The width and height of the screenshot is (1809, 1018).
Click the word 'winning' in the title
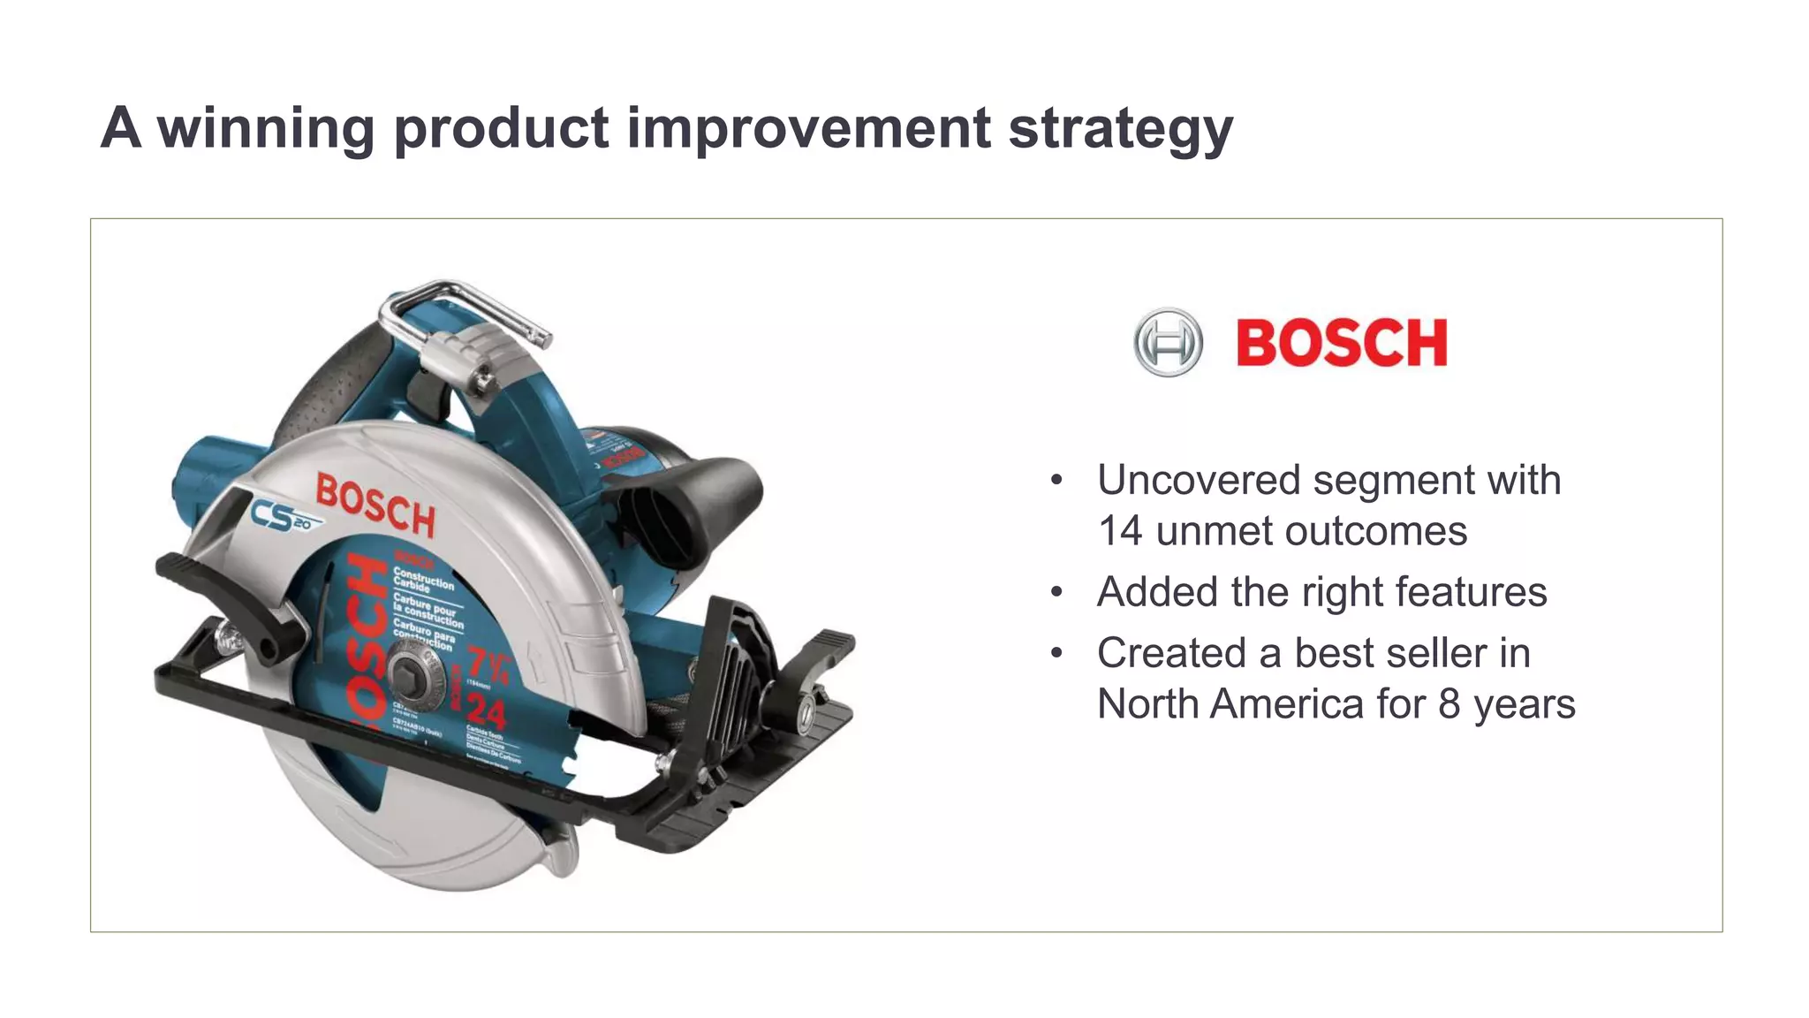coord(266,128)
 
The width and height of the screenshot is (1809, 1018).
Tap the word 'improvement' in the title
coord(808,128)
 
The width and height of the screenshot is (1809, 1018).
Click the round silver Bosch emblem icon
coord(1168,342)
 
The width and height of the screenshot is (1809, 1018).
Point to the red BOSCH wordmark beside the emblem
coord(1341,343)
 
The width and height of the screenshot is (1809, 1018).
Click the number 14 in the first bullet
coord(1119,532)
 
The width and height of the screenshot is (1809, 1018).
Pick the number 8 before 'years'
coord(1449,705)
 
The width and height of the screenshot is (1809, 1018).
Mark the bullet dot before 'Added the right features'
coord(1056,592)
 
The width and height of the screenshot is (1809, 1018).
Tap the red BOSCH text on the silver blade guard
coord(375,505)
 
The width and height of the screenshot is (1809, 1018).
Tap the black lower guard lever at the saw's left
coord(225,596)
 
